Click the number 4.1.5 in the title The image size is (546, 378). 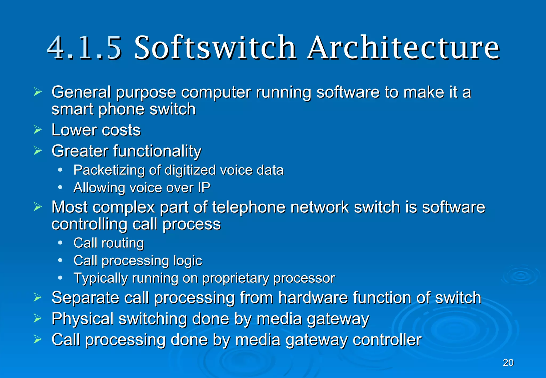click(84, 48)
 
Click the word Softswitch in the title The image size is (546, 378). click(215, 48)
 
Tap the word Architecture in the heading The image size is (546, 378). click(403, 48)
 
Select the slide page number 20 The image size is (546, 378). click(508, 363)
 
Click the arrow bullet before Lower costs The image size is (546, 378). click(38, 130)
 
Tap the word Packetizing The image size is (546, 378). click(110, 170)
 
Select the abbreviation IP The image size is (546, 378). click(204, 188)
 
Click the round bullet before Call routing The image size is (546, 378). click(60, 243)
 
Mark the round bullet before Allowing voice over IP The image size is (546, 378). click(60, 187)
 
